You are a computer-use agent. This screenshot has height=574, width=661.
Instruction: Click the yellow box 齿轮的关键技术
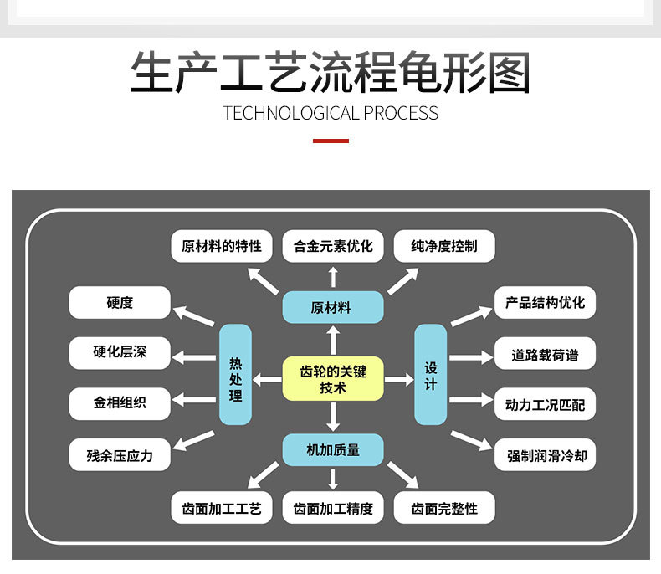tap(333, 378)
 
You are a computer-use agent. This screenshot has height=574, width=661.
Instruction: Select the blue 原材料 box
tap(333, 307)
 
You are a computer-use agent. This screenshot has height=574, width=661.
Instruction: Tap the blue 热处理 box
tap(235, 374)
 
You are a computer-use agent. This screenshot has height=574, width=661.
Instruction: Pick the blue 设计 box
tap(431, 374)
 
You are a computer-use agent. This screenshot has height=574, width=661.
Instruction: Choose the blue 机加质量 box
tap(333, 449)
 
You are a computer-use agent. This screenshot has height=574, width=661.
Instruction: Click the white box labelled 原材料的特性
tap(222, 246)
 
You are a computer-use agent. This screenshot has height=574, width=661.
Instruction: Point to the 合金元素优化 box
tap(333, 246)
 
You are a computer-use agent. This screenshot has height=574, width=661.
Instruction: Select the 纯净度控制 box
tap(444, 246)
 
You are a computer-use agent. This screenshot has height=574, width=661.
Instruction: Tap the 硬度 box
tap(120, 302)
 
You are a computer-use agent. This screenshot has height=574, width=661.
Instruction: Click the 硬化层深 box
tap(120, 352)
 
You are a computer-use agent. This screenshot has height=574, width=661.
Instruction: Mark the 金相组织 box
tap(120, 403)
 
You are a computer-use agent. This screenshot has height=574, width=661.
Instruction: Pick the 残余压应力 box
tap(120, 455)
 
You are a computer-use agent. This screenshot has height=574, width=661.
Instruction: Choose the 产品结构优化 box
tap(545, 302)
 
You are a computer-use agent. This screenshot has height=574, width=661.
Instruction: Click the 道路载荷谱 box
tap(545, 354)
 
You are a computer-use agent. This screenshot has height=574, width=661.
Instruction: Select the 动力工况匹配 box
tap(545, 405)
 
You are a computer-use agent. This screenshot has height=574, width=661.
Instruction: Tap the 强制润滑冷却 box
tap(545, 456)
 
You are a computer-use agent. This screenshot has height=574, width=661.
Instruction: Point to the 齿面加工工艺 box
tap(222, 508)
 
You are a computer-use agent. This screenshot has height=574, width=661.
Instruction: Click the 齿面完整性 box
tap(444, 508)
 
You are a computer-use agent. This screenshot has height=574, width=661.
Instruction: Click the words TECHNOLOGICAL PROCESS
tap(330, 113)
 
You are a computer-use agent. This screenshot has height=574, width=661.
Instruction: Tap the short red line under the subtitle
tap(330, 141)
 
